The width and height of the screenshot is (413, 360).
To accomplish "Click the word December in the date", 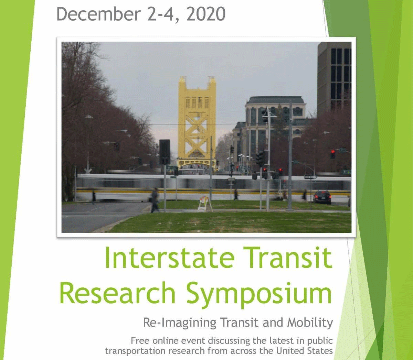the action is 98,14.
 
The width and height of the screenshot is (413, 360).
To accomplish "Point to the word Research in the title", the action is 117,293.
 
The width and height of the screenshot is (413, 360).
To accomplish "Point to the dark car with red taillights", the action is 322,197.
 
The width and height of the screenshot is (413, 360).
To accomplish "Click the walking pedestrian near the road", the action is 155,200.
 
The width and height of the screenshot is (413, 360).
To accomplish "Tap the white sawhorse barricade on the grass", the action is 205,204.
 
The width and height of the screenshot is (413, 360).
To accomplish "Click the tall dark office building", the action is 334,77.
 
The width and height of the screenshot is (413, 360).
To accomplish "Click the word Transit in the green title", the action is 287,258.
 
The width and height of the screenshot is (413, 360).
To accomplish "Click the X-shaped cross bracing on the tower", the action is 197,129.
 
